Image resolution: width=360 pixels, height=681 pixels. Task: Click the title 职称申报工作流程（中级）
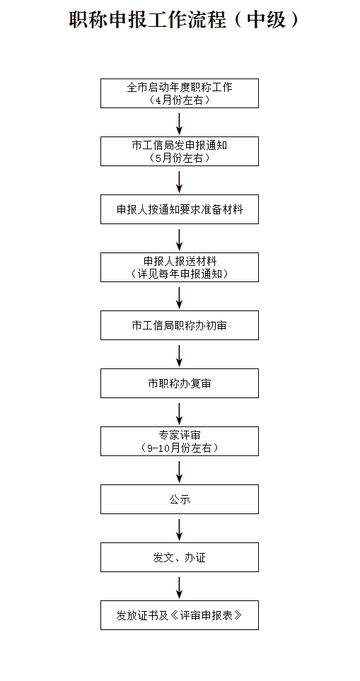pyautogui.click(x=184, y=20)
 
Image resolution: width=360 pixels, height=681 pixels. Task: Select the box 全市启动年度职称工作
pyautogui.click(x=180, y=93)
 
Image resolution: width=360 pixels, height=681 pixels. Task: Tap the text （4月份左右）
pyautogui.click(x=180, y=100)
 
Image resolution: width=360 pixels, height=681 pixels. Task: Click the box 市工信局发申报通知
pyautogui.click(x=180, y=151)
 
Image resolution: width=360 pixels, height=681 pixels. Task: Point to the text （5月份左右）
pyautogui.click(x=180, y=158)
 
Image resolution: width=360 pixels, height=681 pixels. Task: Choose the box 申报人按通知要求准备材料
pyautogui.click(x=180, y=209)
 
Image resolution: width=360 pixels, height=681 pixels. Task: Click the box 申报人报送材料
pyautogui.click(x=180, y=267)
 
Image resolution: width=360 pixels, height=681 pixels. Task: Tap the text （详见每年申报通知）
pyautogui.click(x=180, y=274)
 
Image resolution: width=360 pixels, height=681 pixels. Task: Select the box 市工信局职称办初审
pyautogui.click(x=180, y=325)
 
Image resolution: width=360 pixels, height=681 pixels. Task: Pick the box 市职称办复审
pyautogui.click(x=180, y=383)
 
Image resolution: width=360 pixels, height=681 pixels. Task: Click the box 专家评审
pyautogui.click(x=180, y=441)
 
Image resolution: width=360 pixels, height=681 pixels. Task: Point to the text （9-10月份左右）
pyautogui.click(x=180, y=448)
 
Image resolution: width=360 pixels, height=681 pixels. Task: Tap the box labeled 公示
pyautogui.click(x=180, y=499)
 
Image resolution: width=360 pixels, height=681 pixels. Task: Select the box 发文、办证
pyautogui.click(x=180, y=557)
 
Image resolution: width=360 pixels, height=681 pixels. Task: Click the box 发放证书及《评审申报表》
pyautogui.click(x=180, y=615)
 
